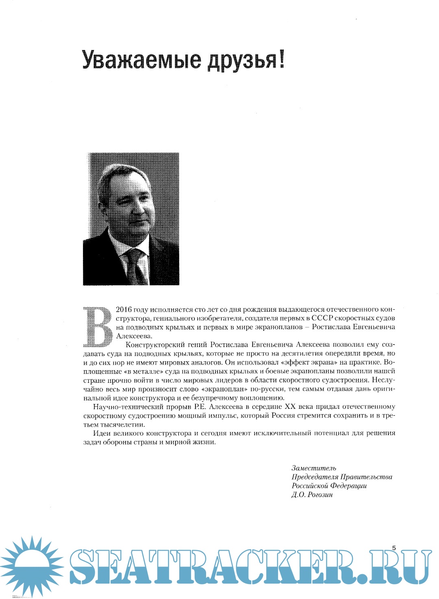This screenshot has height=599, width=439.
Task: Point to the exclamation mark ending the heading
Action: coord(281,59)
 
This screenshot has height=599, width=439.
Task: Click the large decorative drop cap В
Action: coord(98,326)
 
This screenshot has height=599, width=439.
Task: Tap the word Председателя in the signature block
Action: coord(315,477)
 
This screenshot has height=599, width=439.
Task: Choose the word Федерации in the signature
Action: coord(348,486)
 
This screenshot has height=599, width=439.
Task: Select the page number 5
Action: coord(393,548)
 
